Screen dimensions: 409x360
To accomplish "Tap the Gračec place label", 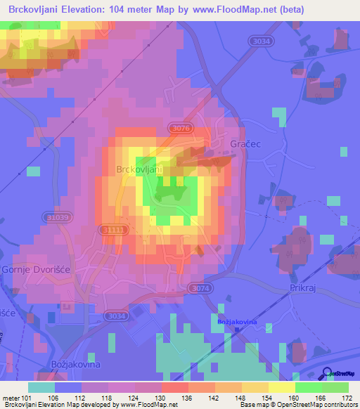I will pyautogui.click(x=245, y=143).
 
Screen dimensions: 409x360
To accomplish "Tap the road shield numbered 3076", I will pyautogui.click(x=180, y=128).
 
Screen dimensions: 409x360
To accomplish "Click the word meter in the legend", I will pyautogui.click(x=12, y=398).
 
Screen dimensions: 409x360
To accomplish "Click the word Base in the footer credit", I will pyautogui.click(x=247, y=405).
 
